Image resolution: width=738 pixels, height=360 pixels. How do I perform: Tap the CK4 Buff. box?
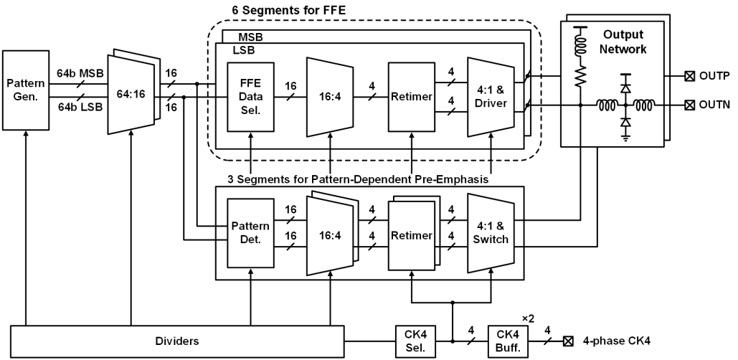pos(508,341)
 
